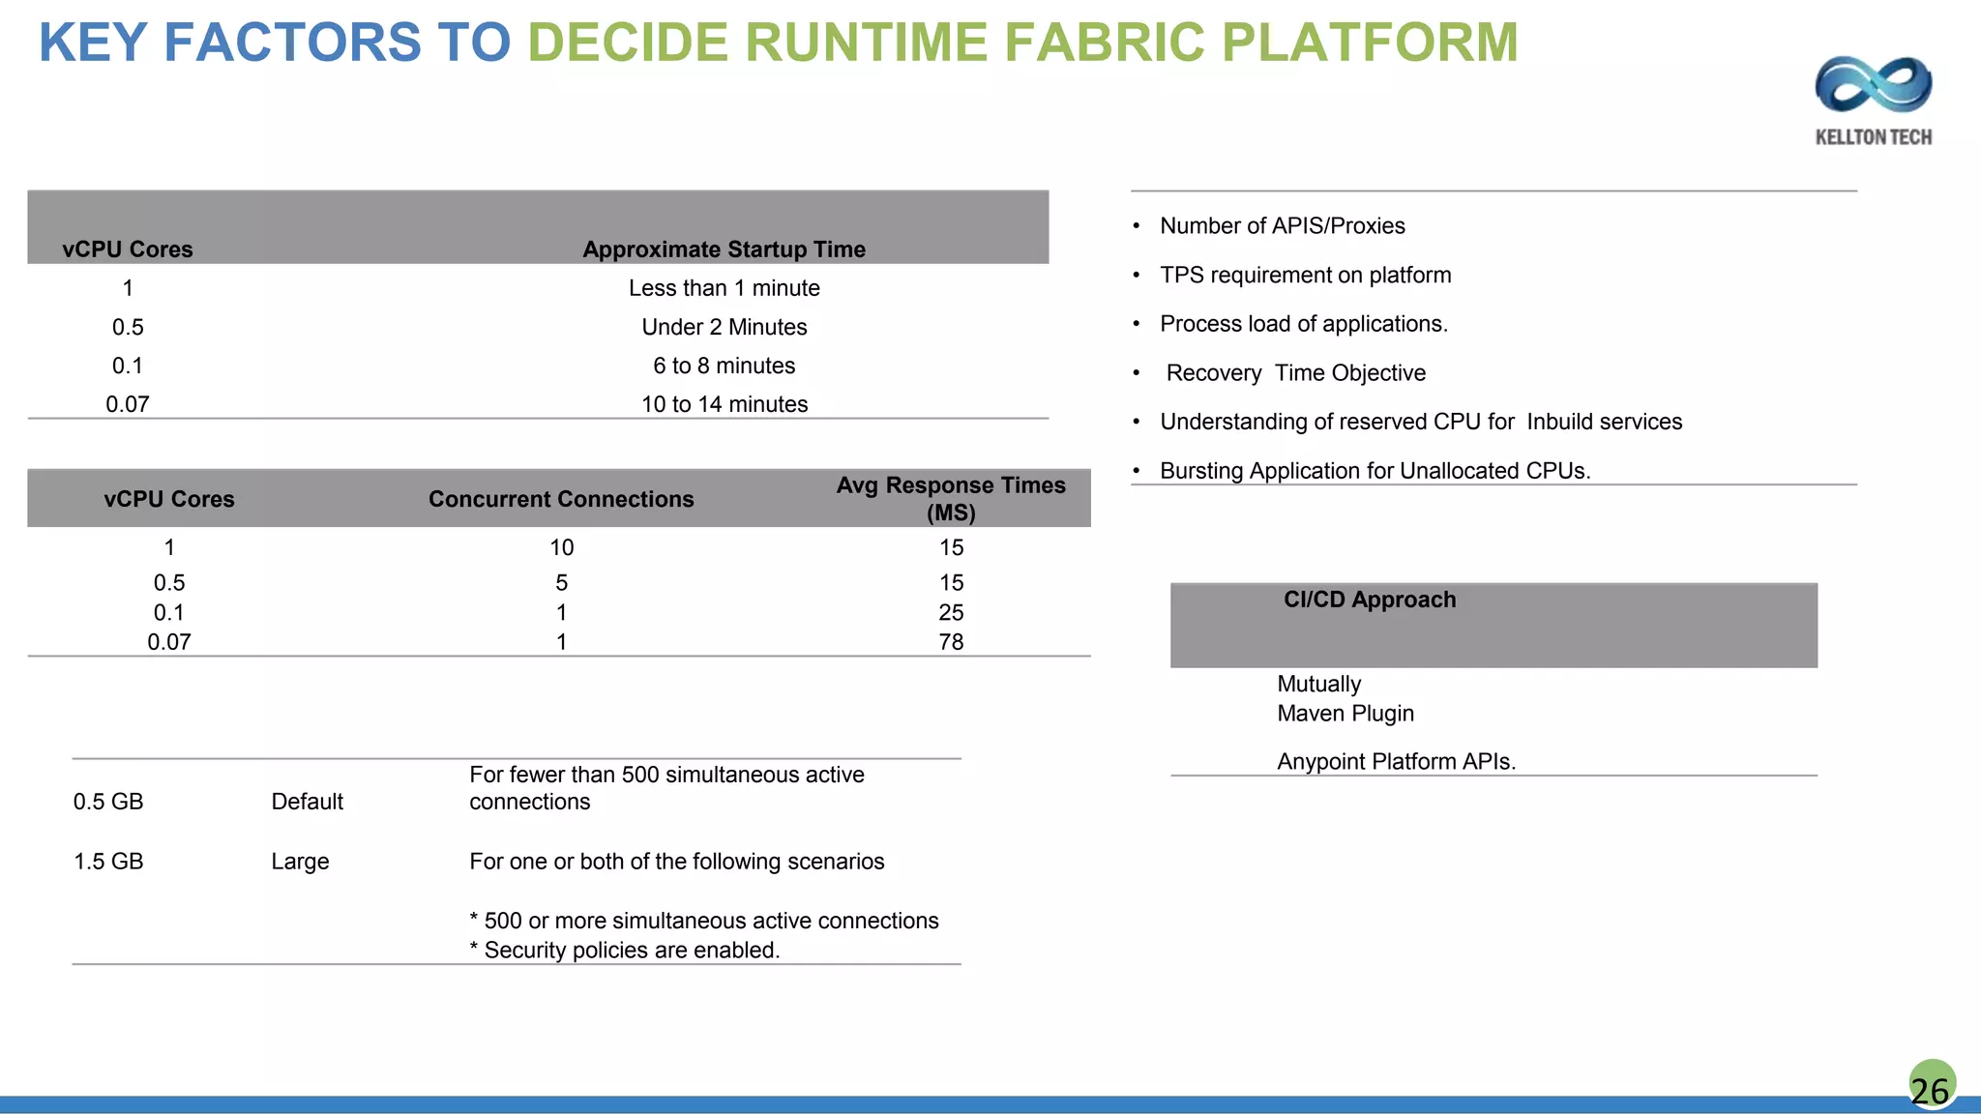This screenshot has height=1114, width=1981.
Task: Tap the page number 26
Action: point(1930,1090)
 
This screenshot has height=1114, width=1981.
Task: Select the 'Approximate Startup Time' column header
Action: point(724,249)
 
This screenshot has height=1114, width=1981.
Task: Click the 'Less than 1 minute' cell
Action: point(724,288)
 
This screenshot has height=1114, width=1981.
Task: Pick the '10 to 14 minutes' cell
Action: point(724,404)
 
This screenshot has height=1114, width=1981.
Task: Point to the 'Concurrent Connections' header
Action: point(561,499)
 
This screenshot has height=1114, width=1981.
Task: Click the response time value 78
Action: point(951,642)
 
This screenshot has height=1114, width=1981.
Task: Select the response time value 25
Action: point(951,612)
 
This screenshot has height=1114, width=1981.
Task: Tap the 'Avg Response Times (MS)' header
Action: point(951,498)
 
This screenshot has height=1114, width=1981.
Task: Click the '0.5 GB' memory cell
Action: point(108,802)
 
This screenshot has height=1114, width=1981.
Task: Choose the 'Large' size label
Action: point(300,862)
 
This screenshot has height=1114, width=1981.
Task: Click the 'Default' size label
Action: point(307,802)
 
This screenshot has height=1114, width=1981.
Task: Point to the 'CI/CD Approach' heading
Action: point(1369,600)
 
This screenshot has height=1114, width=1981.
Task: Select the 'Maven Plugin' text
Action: point(1345,714)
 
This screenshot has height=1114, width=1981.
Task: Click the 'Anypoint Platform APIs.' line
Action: point(1396,762)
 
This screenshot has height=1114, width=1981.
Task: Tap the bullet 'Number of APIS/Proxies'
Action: point(1282,226)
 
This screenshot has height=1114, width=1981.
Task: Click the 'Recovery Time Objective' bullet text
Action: point(1295,373)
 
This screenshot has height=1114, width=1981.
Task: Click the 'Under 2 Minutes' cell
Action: point(724,327)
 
